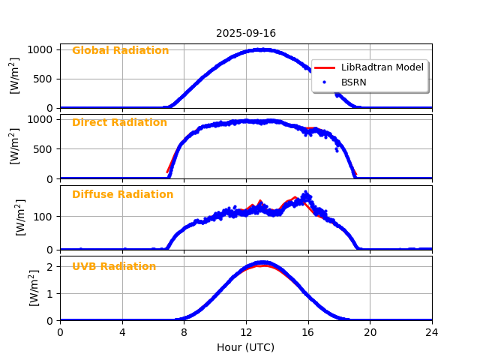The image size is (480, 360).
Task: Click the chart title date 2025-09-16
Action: tap(246, 33)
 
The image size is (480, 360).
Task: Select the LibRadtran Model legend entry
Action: tap(382, 67)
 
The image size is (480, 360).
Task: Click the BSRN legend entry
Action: tap(353, 82)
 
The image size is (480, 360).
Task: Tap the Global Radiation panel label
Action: tap(120, 51)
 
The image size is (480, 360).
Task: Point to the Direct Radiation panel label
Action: tap(119, 123)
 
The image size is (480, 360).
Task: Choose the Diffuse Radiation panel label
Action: tap(122, 195)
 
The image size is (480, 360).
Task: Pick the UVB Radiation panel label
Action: tap(114, 267)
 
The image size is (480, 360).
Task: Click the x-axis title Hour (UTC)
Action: tap(245, 347)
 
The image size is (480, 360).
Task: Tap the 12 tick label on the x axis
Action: tap(246, 332)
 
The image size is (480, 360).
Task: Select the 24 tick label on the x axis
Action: tap(432, 332)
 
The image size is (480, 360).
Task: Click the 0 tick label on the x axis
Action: tap(60, 332)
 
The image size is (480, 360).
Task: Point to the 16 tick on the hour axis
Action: tap(308, 332)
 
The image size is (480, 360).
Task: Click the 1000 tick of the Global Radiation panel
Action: tap(40, 49)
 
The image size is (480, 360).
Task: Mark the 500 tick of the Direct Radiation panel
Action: tap(43, 149)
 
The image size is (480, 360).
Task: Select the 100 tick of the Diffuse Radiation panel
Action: tap(43, 217)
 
